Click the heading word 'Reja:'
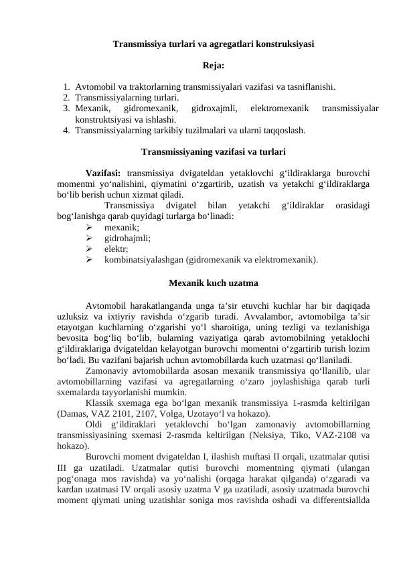pyautogui.click(x=214, y=66)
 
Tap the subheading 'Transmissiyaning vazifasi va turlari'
pyautogui.click(x=214, y=151)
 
